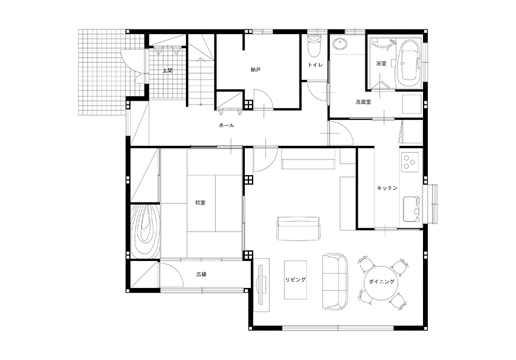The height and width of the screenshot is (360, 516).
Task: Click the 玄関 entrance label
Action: (167, 70)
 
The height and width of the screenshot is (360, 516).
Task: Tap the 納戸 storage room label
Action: (256, 70)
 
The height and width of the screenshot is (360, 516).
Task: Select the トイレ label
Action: (315, 65)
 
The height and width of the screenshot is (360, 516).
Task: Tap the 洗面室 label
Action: (364, 102)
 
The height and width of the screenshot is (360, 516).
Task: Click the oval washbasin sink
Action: (338, 44)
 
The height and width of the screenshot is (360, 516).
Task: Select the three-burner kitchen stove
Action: (410, 161)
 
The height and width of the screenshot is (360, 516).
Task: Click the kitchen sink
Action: (412, 209)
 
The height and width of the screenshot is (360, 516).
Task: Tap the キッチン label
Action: (387, 188)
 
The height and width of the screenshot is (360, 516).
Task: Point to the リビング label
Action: (296, 280)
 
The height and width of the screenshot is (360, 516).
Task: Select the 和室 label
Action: (200, 203)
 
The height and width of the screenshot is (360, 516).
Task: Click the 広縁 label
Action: (202, 274)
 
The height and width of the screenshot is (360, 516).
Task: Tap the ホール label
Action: (226, 125)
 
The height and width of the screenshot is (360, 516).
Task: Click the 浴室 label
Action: (382, 64)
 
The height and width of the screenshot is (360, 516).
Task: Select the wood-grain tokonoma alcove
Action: (145, 232)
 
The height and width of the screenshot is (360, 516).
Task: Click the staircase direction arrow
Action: (200, 81)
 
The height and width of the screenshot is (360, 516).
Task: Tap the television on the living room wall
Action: (262, 284)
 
